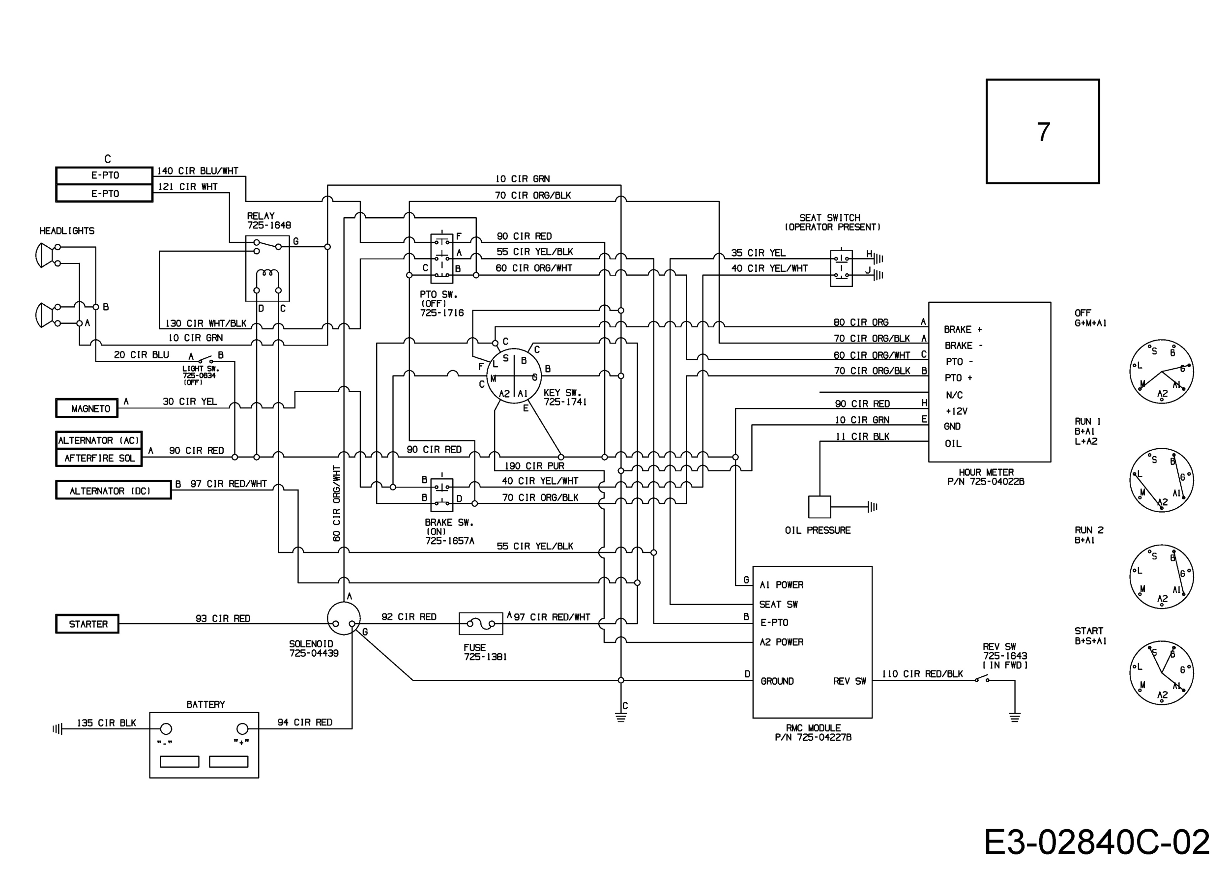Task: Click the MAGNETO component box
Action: tap(87, 408)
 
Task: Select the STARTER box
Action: tap(87, 624)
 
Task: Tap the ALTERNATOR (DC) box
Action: tap(114, 490)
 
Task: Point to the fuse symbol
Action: tap(481, 623)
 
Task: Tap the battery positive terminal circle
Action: tap(242, 728)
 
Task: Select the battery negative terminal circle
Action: tap(167, 728)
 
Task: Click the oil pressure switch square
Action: tap(819, 507)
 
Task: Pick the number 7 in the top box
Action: tap(1043, 132)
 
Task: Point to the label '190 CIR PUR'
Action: tap(534, 465)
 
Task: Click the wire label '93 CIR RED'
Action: tap(223, 618)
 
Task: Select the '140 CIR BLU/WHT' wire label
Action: tap(198, 171)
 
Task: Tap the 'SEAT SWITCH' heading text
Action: tap(830, 218)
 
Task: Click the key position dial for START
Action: tap(1162, 673)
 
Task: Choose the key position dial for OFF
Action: tap(1162, 372)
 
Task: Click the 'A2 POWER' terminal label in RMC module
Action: tap(782, 642)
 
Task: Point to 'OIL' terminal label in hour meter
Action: tap(953, 444)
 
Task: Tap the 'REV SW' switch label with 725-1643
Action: tap(1005, 656)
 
